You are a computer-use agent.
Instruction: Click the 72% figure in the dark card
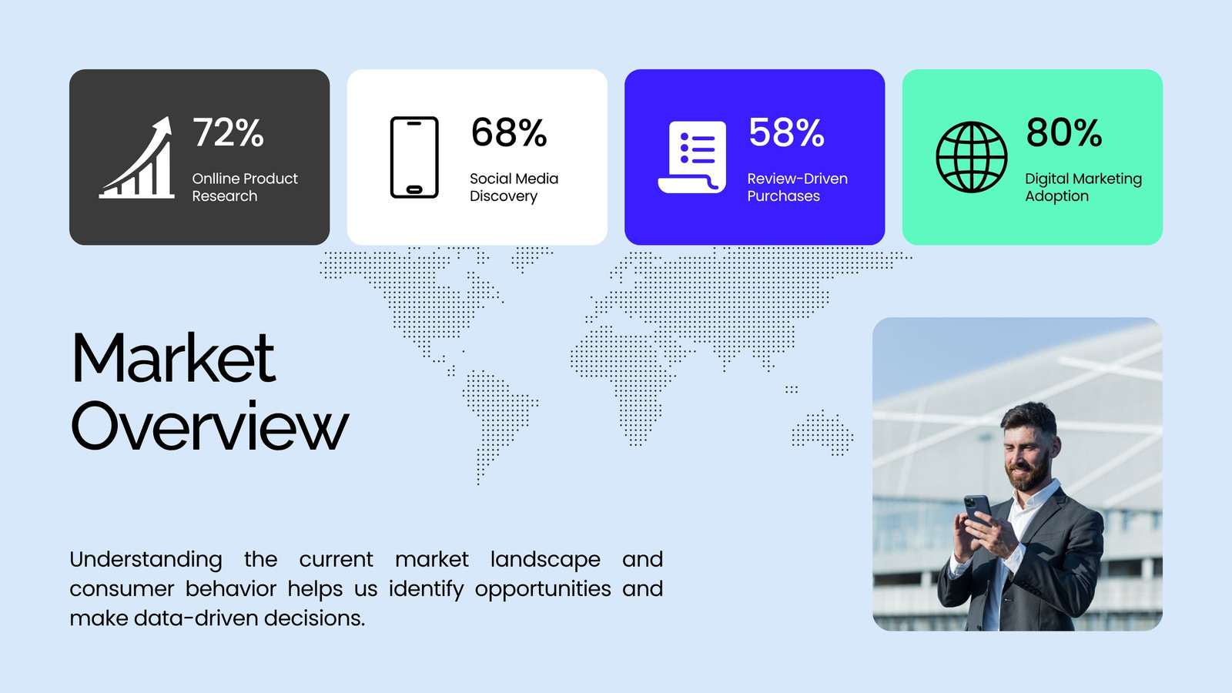coord(228,132)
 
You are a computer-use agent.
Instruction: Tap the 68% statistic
coord(509,132)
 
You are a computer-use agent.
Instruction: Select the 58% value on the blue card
coord(786,132)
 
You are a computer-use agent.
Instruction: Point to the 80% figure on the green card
coord(1063,132)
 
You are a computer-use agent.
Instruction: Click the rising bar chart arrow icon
coord(137,157)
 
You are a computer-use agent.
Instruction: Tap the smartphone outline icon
coord(414,157)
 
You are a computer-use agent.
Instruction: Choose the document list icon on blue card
coord(692,157)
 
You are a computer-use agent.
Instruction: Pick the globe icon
coord(971,157)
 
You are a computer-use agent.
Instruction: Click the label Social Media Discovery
coord(514,187)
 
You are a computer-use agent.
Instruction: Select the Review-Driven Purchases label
coord(797,187)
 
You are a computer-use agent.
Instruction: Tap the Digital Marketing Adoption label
coord(1083,187)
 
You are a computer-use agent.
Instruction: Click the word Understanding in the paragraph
coord(146,560)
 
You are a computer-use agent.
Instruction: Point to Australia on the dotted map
coord(822,433)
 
